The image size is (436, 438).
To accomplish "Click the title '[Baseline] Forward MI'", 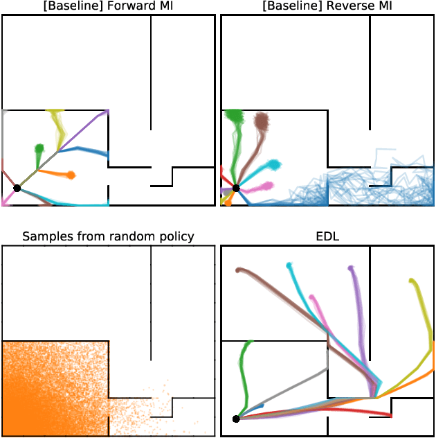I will click(x=108, y=6).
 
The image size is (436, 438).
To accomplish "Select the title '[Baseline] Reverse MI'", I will click(x=327, y=6).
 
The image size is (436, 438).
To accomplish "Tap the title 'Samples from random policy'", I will click(x=108, y=236).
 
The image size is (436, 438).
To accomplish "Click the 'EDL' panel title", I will click(x=327, y=236).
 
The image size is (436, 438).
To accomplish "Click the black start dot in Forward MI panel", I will click(x=17, y=188).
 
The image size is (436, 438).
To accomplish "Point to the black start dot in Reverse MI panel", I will click(x=236, y=188).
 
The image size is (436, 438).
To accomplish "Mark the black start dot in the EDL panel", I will click(x=236, y=419).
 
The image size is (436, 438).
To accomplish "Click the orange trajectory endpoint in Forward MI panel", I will click(x=71, y=175).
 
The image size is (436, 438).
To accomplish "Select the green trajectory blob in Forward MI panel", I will click(x=39, y=148).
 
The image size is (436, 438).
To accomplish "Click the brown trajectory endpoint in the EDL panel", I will click(x=238, y=270).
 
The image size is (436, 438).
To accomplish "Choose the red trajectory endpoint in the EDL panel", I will click(x=390, y=415).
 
